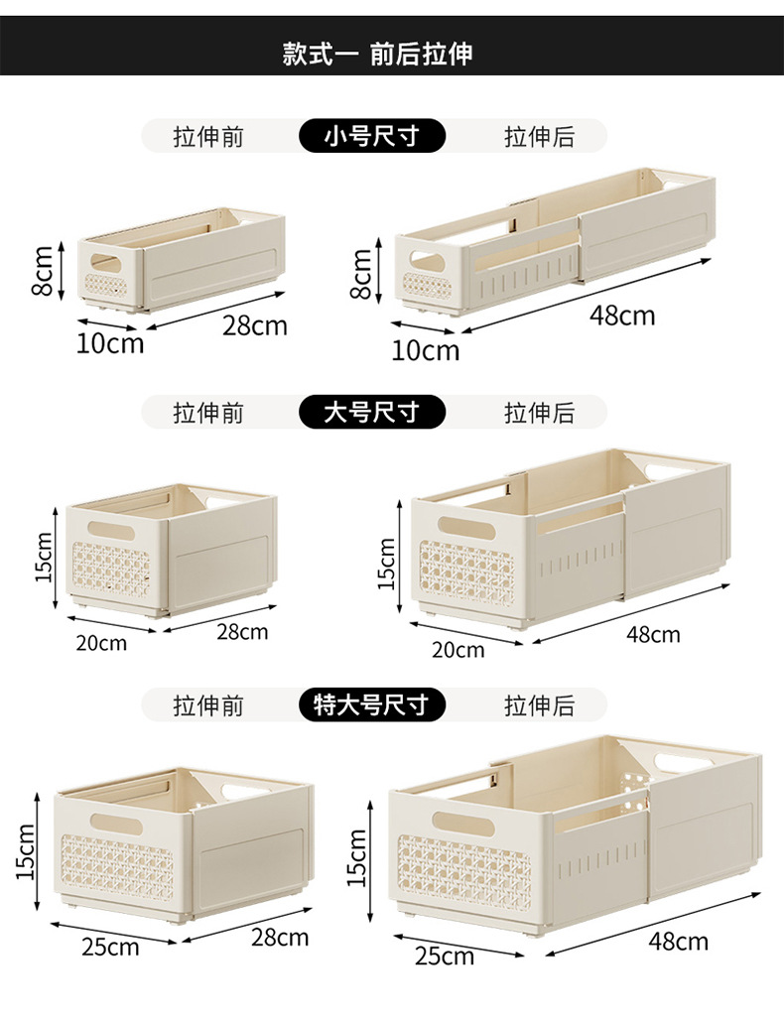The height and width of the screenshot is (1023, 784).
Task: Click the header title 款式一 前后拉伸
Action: click(377, 53)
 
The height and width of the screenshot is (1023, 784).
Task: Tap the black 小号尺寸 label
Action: click(371, 136)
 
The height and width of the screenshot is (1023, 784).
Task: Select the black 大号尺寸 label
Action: click(371, 411)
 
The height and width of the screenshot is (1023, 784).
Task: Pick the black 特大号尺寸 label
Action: click(371, 705)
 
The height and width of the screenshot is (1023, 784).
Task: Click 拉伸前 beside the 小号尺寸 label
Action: click(208, 136)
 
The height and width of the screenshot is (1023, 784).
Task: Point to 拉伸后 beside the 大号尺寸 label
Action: click(539, 411)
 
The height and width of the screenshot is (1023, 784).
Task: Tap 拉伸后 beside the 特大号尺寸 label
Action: click(539, 705)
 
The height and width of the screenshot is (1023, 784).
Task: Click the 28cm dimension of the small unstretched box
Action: click(254, 324)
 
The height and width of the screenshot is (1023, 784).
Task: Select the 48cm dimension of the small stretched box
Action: click(622, 316)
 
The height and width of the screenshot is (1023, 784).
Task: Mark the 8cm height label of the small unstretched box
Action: click(42, 272)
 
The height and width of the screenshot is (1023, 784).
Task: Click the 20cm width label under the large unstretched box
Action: click(101, 642)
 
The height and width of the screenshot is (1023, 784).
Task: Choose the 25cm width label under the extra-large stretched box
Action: click(444, 957)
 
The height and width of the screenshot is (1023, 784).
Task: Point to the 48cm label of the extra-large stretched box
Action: click(679, 941)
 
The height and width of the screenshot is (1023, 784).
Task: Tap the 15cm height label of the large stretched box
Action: click(386, 563)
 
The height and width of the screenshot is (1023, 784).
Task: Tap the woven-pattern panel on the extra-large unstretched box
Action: click(117, 865)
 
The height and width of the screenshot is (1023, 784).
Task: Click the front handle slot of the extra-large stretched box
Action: click(463, 823)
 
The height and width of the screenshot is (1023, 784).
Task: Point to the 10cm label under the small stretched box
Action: click(426, 349)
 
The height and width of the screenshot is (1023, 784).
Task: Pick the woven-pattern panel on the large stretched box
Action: click(465, 574)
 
